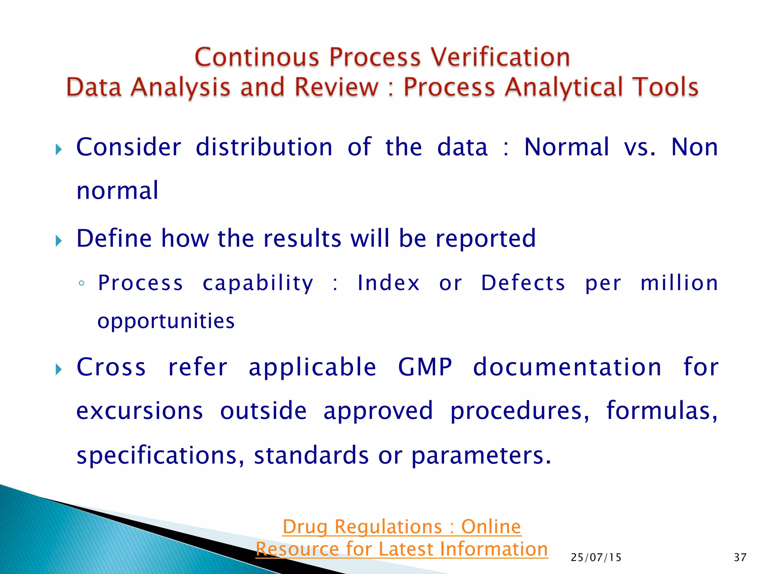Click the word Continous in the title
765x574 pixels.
257,58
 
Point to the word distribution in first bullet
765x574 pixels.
264,147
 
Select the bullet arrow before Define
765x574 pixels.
58,241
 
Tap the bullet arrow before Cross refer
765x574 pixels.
58,370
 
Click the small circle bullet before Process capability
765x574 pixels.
81,284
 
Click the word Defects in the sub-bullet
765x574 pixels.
523,283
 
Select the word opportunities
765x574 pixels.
166,321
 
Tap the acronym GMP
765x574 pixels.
425,367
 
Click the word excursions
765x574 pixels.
140,411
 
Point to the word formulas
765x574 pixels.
661,411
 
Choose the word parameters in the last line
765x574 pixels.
481,456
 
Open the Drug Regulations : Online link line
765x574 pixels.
402,527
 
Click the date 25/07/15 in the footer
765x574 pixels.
596,558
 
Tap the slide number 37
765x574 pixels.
740,558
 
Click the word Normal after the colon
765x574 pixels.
566,147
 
